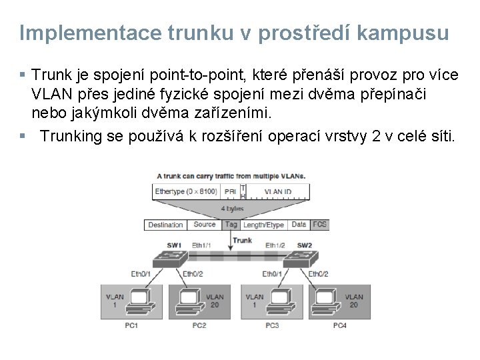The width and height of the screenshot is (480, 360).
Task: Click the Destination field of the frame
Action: pyautogui.click(x=165, y=225)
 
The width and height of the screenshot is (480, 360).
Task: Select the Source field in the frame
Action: pyautogui.click(x=204, y=225)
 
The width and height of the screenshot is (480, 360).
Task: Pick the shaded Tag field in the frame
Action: pyautogui.click(x=231, y=225)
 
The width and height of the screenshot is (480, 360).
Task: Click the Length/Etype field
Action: pyautogui.click(x=264, y=225)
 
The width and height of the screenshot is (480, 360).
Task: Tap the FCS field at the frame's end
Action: pyautogui.click(x=320, y=225)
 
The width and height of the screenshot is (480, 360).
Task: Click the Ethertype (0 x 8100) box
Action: pyautogui.click(x=185, y=192)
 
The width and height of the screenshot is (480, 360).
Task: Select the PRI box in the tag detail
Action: pyautogui.click(x=229, y=192)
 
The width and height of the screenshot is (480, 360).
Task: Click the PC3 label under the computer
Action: pyautogui.click(x=271, y=325)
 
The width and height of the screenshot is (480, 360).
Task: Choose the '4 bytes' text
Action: pyautogui.click(x=232, y=208)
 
